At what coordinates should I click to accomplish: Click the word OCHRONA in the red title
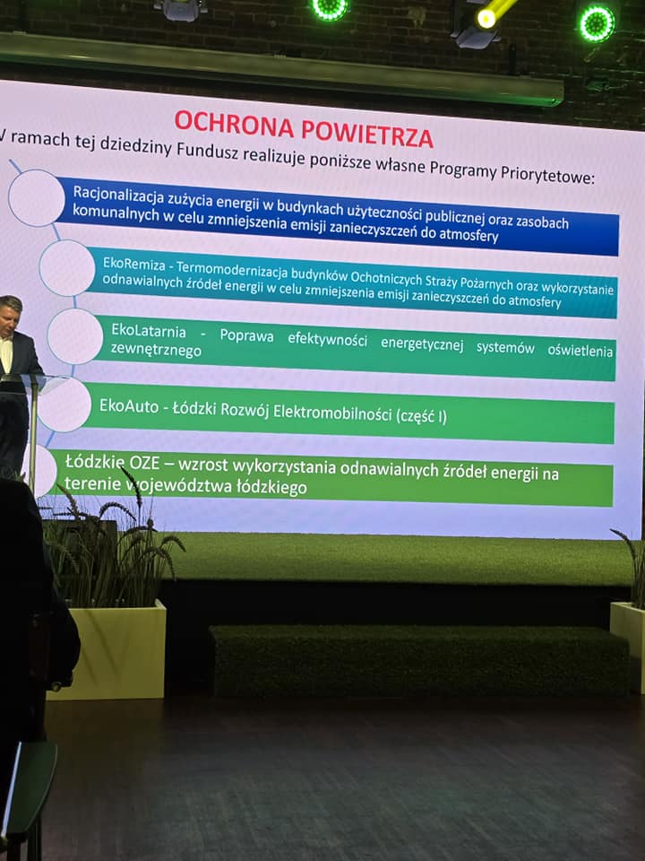pyautogui.click(x=234, y=125)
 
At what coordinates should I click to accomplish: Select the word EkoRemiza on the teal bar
pyautogui.click(x=133, y=264)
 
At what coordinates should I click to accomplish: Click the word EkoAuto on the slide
pyautogui.click(x=129, y=405)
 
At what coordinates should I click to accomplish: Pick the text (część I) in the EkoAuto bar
pyautogui.click(x=421, y=415)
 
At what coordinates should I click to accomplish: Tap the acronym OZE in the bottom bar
pyautogui.click(x=144, y=463)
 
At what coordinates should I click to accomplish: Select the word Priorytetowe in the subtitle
pyautogui.click(x=547, y=175)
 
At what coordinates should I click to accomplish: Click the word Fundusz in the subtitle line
pyautogui.click(x=207, y=150)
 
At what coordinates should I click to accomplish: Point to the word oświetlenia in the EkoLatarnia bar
pyautogui.click(x=580, y=351)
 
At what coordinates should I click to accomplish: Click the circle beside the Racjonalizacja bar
pyautogui.click(x=37, y=198)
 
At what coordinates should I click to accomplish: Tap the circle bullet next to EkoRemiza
pyautogui.click(x=67, y=268)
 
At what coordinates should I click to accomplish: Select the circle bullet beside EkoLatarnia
pyautogui.click(x=75, y=336)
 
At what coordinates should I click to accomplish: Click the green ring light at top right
pyautogui.click(x=598, y=23)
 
